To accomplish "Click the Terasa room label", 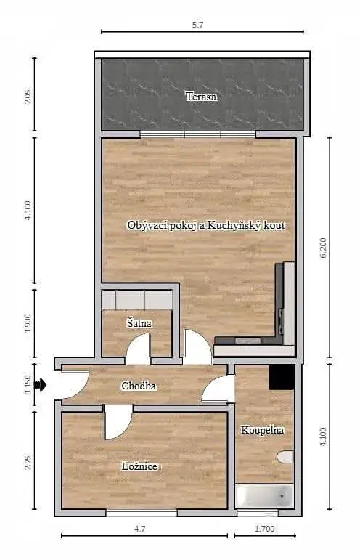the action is [201, 97].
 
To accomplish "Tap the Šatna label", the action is [139, 323].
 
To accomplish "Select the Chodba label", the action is [139, 386].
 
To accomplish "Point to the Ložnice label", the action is [139, 466].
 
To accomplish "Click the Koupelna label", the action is [262, 430].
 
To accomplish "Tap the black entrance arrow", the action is [41, 385].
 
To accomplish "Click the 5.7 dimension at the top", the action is [197, 25].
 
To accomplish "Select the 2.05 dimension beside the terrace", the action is [28, 97].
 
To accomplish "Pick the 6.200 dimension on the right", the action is [323, 248].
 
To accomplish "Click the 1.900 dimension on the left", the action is [28, 323].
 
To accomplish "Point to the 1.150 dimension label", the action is [28, 385].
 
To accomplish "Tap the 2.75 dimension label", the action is [28, 463].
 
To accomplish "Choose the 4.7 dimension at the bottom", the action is [140, 529].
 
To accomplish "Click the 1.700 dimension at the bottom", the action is [265, 529].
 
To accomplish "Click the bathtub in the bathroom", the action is [264, 495].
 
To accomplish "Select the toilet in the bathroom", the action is [285, 457].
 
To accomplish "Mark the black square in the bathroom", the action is [282, 377].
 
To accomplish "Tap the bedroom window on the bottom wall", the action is [142, 513].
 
